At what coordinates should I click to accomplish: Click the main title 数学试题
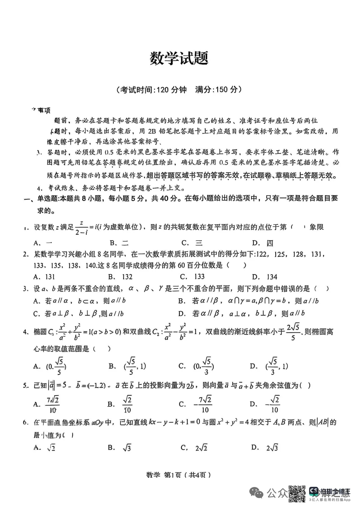(179, 59)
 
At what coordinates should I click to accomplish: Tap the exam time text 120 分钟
(171, 90)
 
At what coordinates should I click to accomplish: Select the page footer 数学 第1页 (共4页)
(179, 475)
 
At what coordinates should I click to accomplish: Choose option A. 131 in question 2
(45, 276)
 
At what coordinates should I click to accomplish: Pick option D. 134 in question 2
(265, 277)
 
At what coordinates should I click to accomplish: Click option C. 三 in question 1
(192, 243)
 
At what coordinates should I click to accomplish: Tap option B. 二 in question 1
(119, 243)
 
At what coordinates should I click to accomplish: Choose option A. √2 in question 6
(45, 448)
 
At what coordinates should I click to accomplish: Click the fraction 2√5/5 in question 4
(293, 332)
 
